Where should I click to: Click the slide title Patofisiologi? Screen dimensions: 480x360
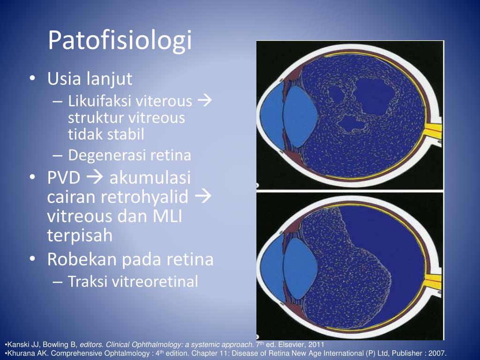point(120,41)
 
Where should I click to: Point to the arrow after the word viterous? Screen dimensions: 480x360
point(205,101)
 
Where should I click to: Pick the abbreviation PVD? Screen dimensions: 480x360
point(64,178)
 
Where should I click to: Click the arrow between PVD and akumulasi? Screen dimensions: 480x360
point(95,178)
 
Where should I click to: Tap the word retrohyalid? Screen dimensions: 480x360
point(144,197)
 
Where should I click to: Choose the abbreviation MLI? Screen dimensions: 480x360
point(167,217)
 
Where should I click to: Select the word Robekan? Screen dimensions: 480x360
point(82,259)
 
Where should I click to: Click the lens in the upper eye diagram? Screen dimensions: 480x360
point(299,117)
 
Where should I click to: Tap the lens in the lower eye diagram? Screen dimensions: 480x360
point(300,268)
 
